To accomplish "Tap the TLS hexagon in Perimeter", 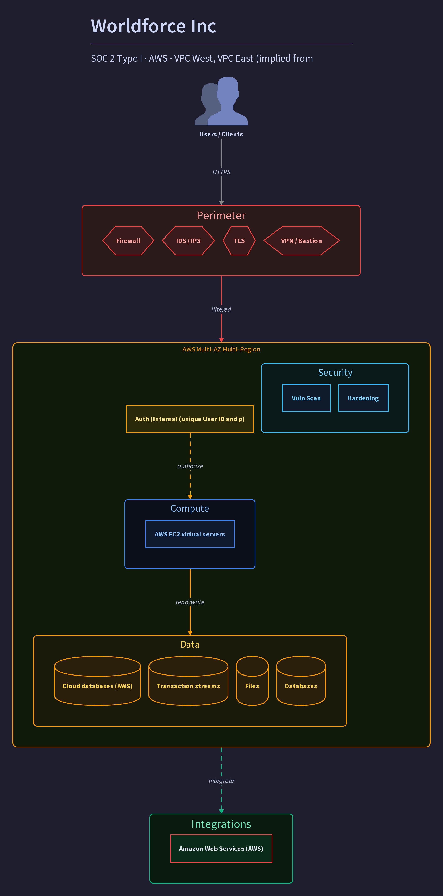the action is click(x=239, y=241).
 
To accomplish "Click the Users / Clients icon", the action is click(x=221, y=101).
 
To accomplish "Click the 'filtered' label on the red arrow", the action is click(x=221, y=309).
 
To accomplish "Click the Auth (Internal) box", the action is click(x=190, y=419).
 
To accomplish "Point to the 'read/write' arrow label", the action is click(x=190, y=602).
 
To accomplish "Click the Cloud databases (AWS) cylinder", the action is click(x=97, y=681).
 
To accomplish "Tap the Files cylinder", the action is click(x=252, y=681).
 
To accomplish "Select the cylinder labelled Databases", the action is click(x=301, y=681).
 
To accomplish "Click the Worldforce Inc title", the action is click(x=153, y=26).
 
